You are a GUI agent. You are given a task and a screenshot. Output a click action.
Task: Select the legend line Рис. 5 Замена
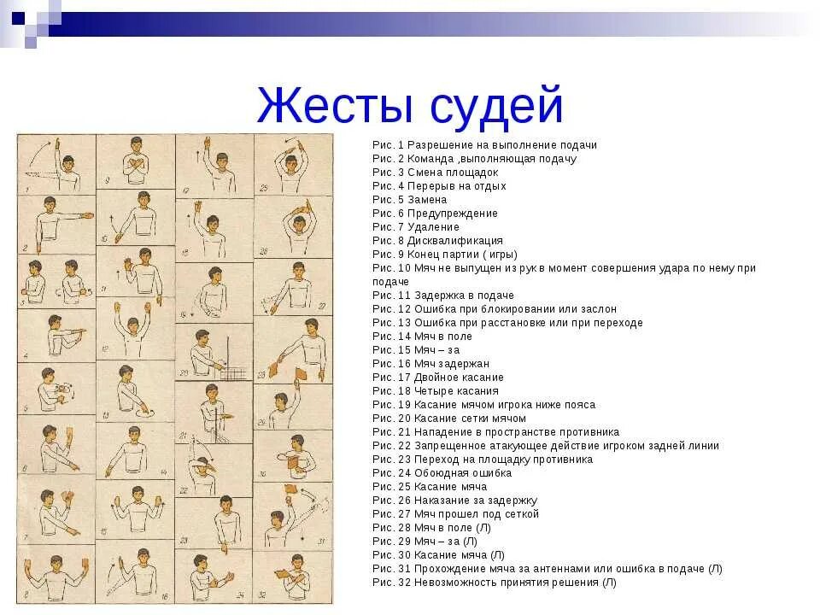409,200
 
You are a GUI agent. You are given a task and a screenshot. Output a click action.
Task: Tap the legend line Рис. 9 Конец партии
444,255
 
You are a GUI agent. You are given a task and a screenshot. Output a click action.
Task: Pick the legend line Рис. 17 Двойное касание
437,378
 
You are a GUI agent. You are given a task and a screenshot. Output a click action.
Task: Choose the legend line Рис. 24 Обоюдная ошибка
442,473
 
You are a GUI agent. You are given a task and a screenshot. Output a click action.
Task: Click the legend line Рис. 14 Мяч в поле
422,337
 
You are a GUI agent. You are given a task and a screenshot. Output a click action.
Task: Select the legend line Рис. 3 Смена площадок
435,173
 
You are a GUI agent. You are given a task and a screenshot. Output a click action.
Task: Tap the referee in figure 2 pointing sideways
55,224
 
